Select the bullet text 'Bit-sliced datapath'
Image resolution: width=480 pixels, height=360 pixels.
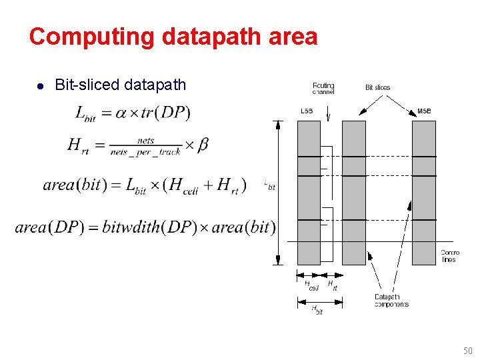point(120,85)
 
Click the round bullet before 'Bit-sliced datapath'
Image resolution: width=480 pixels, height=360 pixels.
point(40,85)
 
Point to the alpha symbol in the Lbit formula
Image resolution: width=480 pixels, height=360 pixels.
point(121,113)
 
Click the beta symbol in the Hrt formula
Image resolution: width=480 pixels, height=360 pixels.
point(203,145)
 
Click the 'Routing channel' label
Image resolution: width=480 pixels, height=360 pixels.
point(323,88)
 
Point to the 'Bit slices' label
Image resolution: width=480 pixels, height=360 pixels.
point(377,87)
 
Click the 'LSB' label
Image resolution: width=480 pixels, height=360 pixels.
point(307,111)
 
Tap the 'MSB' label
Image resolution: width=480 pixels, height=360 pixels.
point(424,111)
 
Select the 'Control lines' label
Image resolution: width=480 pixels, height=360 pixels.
point(449,256)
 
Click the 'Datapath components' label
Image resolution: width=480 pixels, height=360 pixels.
point(391,301)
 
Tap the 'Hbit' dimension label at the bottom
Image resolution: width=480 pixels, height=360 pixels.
point(317,309)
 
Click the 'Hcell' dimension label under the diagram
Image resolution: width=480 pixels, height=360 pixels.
point(311,285)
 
